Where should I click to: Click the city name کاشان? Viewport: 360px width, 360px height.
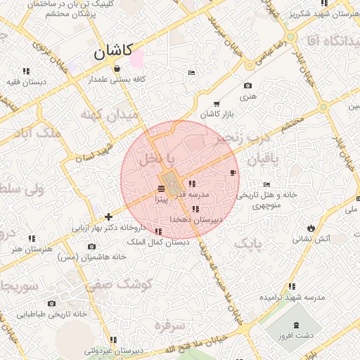click(x=112, y=51)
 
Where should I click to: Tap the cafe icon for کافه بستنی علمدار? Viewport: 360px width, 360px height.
click(x=117, y=69)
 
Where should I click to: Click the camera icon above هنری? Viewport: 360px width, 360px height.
click(x=247, y=86)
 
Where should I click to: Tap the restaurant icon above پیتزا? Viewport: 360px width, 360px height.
click(x=162, y=188)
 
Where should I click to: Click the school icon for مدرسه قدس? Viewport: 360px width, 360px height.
click(x=192, y=184)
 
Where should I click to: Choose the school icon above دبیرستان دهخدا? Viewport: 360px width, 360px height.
click(x=195, y=209)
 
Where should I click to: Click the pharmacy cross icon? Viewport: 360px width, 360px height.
click(x=108, y=217)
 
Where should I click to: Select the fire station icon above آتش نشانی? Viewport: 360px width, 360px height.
click(x=310, y=228)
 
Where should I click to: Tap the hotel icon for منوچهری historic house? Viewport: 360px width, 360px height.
click(x=265, y=184)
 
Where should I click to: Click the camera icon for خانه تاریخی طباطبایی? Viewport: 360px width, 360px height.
click(x=51, y=304)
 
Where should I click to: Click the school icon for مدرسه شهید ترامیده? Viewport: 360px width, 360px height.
click(x=291, y=286)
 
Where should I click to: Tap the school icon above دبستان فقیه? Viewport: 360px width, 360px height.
click(x=27, y=71)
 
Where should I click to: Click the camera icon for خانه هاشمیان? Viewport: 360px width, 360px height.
click(x=91, y=246)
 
